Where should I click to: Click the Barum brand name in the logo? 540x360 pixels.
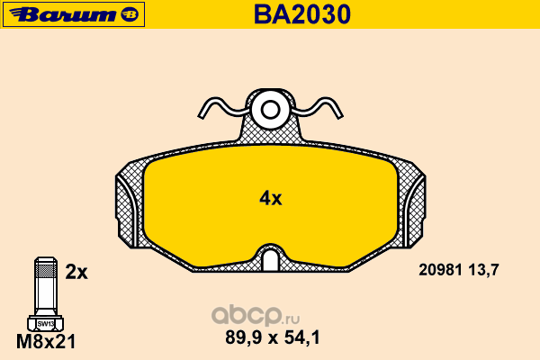64,14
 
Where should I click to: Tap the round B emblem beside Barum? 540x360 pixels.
130,14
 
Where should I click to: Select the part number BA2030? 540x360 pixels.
302,14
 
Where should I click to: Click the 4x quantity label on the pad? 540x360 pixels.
270,198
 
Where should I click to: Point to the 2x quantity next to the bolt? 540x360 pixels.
76,272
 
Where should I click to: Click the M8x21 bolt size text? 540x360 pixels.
46,342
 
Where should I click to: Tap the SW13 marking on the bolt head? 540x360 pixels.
46,324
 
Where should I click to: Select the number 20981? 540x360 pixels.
440,270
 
